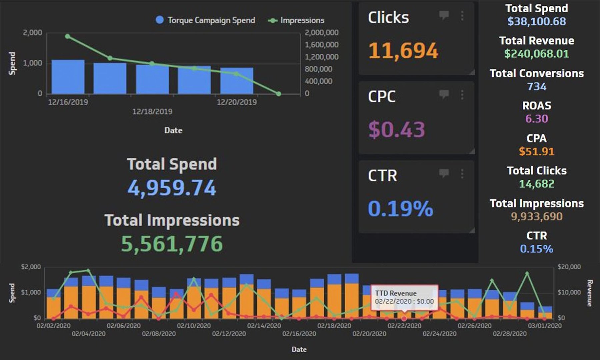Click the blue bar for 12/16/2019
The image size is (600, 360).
point(68,77)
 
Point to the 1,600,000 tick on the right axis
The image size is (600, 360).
point(321,45)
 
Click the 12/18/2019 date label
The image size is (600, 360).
point(152,112)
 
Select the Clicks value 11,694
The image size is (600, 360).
point(403,51)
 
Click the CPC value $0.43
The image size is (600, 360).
point(397,129)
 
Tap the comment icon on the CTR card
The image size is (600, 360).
point(444,173)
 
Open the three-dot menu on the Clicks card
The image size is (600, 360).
point(462,16)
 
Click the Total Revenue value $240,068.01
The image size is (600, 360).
point(536,54)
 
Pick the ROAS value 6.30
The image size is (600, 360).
point(536,119)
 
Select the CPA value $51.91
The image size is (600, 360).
point(536,151)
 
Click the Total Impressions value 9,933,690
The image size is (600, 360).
point(536,217)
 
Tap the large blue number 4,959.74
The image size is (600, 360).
point(172,188)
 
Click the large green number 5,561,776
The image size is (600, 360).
point(172,244)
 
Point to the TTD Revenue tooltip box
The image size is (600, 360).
point(404,297)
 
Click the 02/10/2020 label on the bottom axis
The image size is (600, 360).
point(194,326)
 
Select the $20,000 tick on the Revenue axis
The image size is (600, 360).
point(569,267)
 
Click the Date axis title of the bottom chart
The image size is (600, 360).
point(299,349)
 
